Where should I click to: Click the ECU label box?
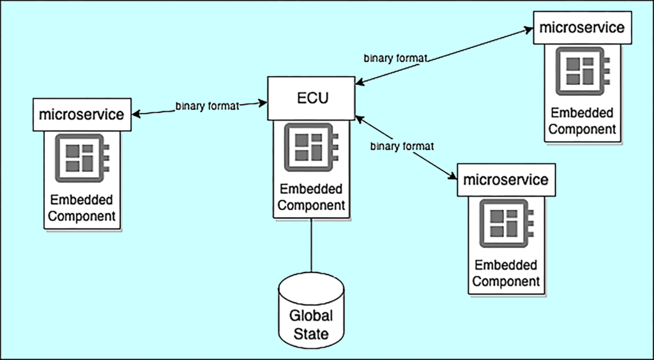coord(311,98)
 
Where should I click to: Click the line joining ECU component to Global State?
coord(311,245)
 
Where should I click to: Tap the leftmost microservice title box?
coord(82,115)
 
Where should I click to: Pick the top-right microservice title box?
coord(582,27)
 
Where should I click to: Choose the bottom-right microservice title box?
coord(506,180)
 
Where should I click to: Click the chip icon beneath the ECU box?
coord(311,147)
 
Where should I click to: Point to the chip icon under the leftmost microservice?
coord(82,158)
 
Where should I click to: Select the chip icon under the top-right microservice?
coord(582,71)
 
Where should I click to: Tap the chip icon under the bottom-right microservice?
coord(506,223)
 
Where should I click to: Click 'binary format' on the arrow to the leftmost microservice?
coord(208,106)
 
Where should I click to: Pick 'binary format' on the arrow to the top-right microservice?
coord(395,58)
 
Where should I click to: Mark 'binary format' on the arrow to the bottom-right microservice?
coord(402,147)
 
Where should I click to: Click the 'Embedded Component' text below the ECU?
coord(311,197)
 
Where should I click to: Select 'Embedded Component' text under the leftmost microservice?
coord(82,208)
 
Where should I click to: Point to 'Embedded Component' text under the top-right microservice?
coord(582,121)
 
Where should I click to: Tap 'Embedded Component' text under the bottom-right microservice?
coord(506,273)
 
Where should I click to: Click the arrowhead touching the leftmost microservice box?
coord(136,114)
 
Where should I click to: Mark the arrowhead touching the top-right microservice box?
coord(528,30)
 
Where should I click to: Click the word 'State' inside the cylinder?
coord(311,333)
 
